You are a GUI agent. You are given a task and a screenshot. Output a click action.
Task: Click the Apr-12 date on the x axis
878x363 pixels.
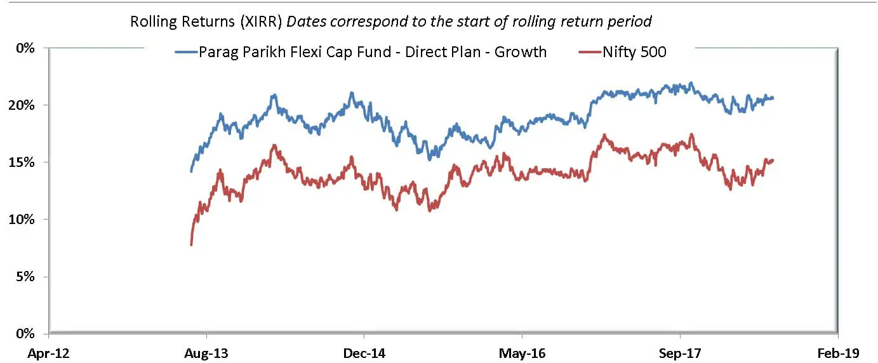(48, 353)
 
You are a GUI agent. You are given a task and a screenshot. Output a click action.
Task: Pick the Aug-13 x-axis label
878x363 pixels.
(206, 353)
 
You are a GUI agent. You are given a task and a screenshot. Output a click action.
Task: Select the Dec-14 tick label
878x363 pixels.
(364, 353)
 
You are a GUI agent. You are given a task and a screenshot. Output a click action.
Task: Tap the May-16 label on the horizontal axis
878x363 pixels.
(522, 353)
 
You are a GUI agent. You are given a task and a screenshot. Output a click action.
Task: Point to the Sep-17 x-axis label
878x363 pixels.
(680, 353)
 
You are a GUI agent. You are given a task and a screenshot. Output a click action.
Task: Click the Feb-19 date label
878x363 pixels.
(838, 353)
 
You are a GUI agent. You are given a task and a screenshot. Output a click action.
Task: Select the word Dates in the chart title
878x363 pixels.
(307, 21)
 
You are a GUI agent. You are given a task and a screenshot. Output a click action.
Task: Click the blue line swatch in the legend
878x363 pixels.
(186, 52)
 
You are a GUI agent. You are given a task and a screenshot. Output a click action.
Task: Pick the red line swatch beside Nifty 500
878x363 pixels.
(590, 52)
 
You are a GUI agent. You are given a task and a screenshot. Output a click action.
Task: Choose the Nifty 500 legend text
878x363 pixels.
(634, 52)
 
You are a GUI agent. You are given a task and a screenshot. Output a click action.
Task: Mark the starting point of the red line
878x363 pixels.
(191, 244)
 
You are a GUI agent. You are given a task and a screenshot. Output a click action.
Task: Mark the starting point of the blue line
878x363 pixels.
(191, 171)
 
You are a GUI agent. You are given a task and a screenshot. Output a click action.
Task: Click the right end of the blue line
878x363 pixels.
(773, 98)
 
